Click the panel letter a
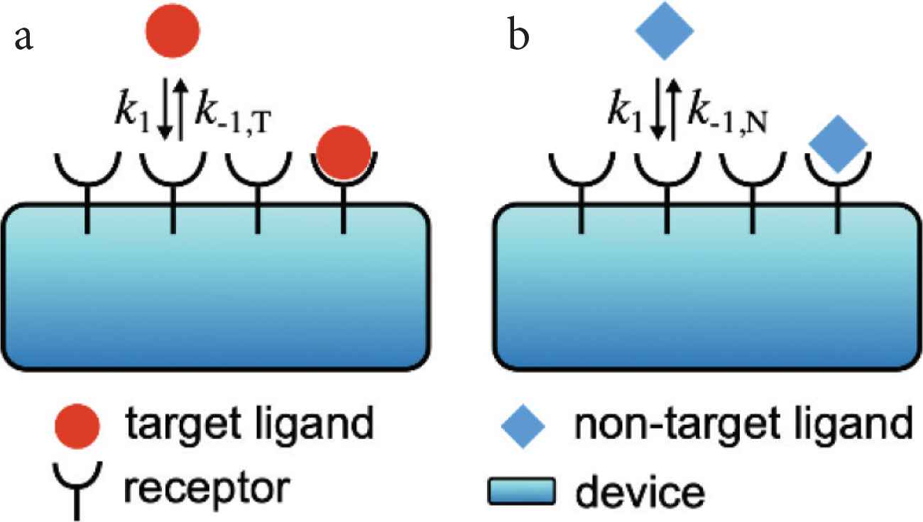[25, 39]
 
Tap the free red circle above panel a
[173, 29]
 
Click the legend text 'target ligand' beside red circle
[248, 426]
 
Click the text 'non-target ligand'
[743, 426]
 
